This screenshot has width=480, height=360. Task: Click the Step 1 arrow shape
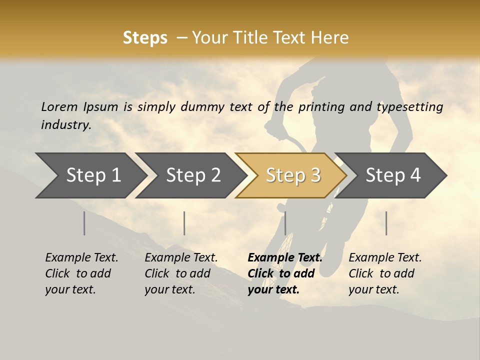pyautogui.click(x=90, y=175)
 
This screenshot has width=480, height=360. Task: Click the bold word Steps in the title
pyautogui.click(x=145, y=38)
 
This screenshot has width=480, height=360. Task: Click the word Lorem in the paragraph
pyautogui.click(x=59, y=106)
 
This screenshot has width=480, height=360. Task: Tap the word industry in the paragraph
pyautogui.click(x=65, y=125)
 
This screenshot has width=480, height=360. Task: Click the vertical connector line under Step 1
pyautogui.click(x=84, y=223)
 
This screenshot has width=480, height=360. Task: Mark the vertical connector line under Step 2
pyautogui.click(x=184, y=223)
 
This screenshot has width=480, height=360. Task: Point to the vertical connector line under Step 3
pyautogui.click(x=285, y=223)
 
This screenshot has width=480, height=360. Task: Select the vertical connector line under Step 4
pyautogui.click(x=386, y=223)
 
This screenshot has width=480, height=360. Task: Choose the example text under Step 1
pyautogui.click(x=81, y=273)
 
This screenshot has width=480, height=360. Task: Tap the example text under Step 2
pyautogui.click(x=181, y=273)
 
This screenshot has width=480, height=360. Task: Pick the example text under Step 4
pyautogui.click(x=385, y=273)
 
